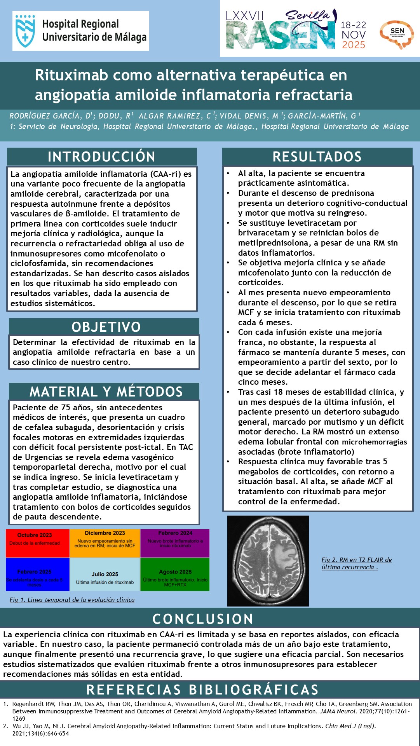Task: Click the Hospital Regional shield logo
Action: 25,31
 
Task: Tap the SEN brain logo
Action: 397,34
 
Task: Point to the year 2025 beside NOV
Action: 354,45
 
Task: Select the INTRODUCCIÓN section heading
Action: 102,157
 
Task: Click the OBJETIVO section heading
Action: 106,327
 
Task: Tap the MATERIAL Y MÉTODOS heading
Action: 106,392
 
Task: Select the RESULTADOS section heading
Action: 317,157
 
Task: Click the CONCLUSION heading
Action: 203,619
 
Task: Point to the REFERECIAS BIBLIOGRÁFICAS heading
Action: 203,690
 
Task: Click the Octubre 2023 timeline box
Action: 38,543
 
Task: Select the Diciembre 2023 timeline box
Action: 105,543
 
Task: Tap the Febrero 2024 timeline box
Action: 175,543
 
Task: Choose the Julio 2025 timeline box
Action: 105,574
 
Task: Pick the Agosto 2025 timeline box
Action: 175,574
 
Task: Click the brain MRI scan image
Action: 268,561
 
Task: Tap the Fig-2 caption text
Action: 356,563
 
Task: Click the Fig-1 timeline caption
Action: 72,600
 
